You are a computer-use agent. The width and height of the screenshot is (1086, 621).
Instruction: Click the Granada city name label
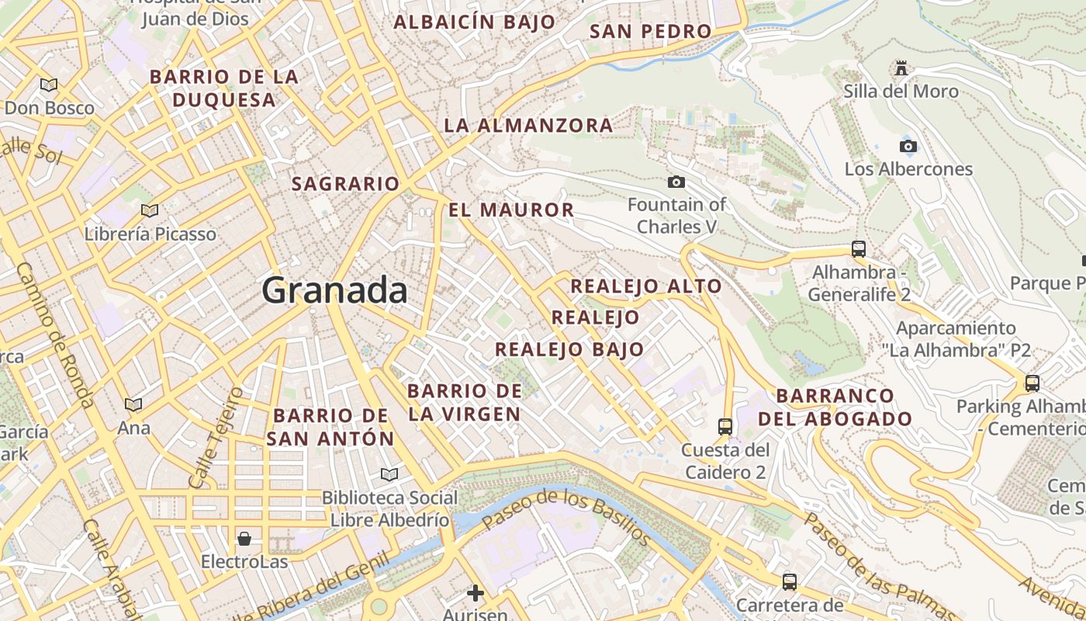pyautogui.click(x=334, y=290)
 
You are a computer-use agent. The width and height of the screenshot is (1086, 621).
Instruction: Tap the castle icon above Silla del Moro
pyautogui.click(x=901, y=68)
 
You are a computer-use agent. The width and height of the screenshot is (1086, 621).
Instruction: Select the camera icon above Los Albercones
pyautogui.click(x=908, y=146)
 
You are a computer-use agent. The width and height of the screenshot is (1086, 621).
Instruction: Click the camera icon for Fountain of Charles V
pyautogui.click(x=676, y=182)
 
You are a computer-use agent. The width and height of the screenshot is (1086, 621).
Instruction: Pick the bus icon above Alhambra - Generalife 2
pyautogui.click(x=858, y=249)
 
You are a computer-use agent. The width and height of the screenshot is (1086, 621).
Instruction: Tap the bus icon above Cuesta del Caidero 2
pyautogui.click(x=725, y=426)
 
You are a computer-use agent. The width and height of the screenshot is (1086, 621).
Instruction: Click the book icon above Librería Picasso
pyautogui.click(x=150, y=210)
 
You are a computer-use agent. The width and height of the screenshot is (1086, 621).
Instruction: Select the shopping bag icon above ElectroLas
pyautogui.click(x=244, y=538)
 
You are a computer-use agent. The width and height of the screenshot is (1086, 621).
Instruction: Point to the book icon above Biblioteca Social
pyautogui.click(x=389, y=474)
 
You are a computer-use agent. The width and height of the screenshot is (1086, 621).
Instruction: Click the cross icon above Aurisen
pyautogui.click(x=475, y=594)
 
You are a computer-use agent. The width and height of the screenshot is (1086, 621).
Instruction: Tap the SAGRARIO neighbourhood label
pyautogui.click(x=345, y=184)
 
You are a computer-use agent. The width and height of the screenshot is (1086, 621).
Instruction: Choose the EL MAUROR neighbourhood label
pyautogui.click(x=511, y=210)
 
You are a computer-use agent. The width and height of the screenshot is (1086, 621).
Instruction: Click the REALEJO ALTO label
pyautogui.click(x=646, y=286)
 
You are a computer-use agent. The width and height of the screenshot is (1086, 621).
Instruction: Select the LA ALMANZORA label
pyautogui.click(x=528, y=125)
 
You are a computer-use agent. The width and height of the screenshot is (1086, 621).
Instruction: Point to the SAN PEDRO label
pyautogui.click(x=650, y=32)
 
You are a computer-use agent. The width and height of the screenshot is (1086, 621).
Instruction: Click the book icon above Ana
pyautogui.click(x=133, y=404)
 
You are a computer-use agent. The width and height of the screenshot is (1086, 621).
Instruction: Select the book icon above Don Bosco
pyautogui.click(x=49, y=85)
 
